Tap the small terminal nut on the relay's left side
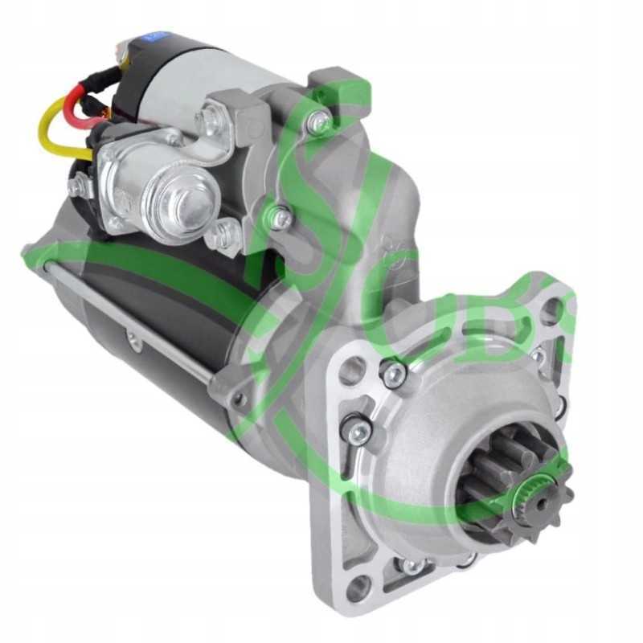point(78,187)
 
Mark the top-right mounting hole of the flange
point(550,310)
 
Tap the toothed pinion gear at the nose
point(514,482)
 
